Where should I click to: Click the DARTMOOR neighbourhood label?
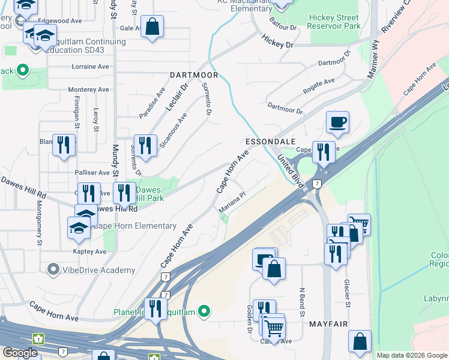click(193, 76)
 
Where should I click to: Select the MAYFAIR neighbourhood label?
click(329, 324)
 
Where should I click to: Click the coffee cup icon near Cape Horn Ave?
click(337, 122)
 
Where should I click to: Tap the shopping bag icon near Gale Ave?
click(152, 26)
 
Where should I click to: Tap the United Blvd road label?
click(289, 170)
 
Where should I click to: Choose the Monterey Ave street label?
click(88, 89)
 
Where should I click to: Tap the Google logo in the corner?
click(20, 353)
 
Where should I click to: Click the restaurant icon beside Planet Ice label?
click(155, 309)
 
